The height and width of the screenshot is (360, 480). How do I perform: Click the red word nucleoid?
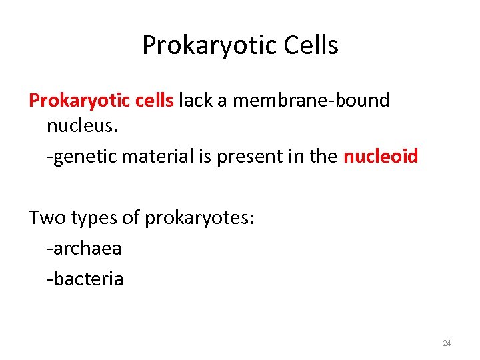pos(381,157)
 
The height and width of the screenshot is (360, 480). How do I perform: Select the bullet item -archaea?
pos(84,249)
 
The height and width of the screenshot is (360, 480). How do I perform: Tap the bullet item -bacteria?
pos(85,278)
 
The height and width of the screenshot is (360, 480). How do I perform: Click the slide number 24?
pos(447,343)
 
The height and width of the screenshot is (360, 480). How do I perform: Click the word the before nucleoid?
pos(323,157)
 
